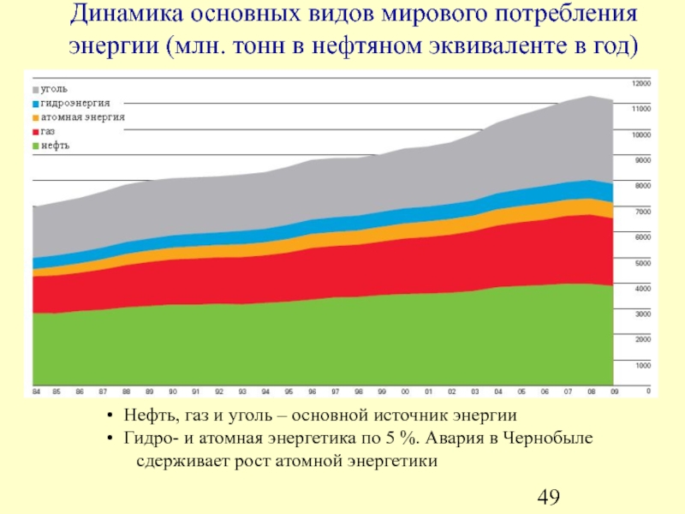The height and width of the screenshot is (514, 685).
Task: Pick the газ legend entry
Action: (x=49, y=132)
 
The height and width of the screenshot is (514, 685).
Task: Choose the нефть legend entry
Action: (x=55, y=146)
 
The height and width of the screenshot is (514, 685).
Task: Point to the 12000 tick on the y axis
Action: (x=641, y=83)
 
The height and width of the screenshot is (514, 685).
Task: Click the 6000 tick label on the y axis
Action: (x=641, y=236)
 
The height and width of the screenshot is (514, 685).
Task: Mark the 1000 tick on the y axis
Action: (x=641, y=365)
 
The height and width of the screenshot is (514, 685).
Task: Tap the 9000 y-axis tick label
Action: (x=641, y=160)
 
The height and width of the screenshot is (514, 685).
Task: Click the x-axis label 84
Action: (x=37, y=391)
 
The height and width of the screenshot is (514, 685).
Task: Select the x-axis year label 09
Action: (x=613, y=391)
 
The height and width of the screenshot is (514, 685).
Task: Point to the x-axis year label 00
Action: (x=405, y=391)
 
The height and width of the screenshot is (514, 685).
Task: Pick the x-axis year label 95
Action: (x=289, y=391)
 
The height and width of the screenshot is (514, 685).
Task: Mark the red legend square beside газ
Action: (x=35, y=132)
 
